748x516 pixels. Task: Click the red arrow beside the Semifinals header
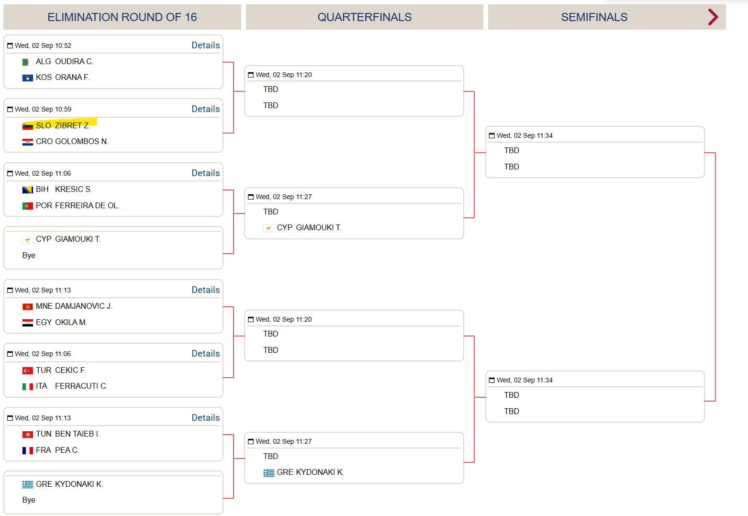pyautogui.click(x=713, y=17)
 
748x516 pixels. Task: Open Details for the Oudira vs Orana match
pyautogui.click(x=206, y=45)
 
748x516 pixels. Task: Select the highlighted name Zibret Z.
pyautogui.click(x=72, y=125)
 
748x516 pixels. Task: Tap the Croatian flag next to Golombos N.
pyautogui.click(x=28, y=142)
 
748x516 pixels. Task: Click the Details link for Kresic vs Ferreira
pyautogui.click(x=206, y=173)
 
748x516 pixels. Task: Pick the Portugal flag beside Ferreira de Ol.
pyautogui.click(x=28, y=206)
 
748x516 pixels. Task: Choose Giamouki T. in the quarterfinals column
pyautogui.click(x=319, y=227)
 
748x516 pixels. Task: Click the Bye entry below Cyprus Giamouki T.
pyautogui.click(x=29, y=255)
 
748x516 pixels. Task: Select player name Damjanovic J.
pyautogui.click(x=83, y=306)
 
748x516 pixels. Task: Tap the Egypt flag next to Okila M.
pyautogui.click(x=28, y=323)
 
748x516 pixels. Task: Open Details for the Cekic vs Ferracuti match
pyautogui.click(x=206, y=353)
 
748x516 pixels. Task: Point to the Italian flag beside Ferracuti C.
pyautogui.click(x=28, y=386)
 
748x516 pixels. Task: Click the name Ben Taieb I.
pyautogui.click(x=78, y=434)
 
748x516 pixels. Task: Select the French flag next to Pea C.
pyautogui.click(x=28, y=450)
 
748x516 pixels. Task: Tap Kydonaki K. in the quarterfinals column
pyautogui.click(x=320, y=472)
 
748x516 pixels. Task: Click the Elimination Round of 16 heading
pyautogui.click(x=122, y=17)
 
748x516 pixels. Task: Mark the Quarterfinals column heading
pyautogui.click(x=365, y=17)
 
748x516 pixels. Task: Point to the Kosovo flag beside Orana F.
pyautogui.click(x=28, y=78)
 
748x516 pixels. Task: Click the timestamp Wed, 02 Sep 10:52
pyautogui.click(x=43, y=45)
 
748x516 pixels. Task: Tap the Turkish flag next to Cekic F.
pyautogui.click(x=28, y=370)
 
